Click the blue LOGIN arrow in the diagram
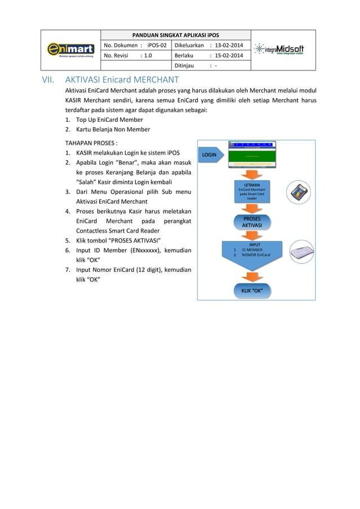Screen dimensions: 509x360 pyautogui.click(x=213, y=154)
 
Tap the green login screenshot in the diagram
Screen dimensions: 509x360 pyautogui.click(x=252, y=154)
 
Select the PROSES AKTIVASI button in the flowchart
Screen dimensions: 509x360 pyautogui.click(x=252, y=222)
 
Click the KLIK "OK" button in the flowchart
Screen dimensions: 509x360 pyautogui.click(x=252, y=291)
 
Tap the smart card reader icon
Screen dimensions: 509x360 pyautogui.click(x=298, y=192)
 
